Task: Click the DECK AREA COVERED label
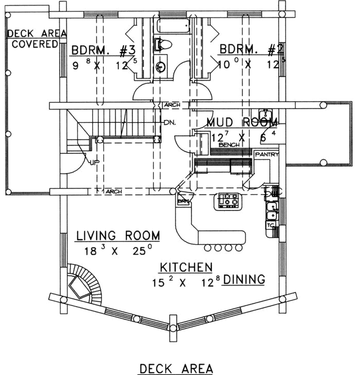(37, 39)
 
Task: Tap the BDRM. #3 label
(103, 50)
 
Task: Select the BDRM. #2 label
(252, 50)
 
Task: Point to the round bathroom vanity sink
(161, 66)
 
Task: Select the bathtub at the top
(174, 26)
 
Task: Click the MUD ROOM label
(242, 122)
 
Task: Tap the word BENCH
(229, 145)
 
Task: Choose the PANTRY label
(267, 154)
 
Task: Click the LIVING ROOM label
(118, 236)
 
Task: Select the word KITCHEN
(186, 267)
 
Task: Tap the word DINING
(244, 279)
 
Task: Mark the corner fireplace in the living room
(80, 285)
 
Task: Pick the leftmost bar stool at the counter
(208, 248)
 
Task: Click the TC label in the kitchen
(270, 225)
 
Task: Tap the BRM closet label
(183, 201)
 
